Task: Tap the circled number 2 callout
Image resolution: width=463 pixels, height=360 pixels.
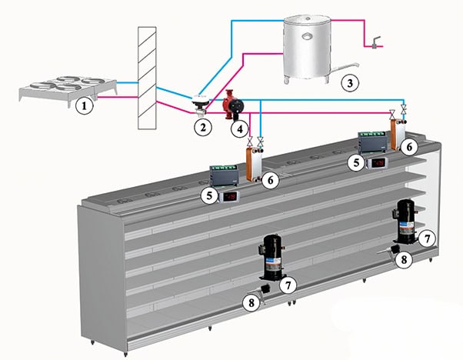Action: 203,126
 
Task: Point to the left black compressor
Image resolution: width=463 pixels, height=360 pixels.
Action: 270,256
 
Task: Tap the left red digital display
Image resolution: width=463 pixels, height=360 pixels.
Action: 231,196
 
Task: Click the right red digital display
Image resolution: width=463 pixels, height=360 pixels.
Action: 377,163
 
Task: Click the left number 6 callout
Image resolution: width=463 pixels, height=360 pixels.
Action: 268,179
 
